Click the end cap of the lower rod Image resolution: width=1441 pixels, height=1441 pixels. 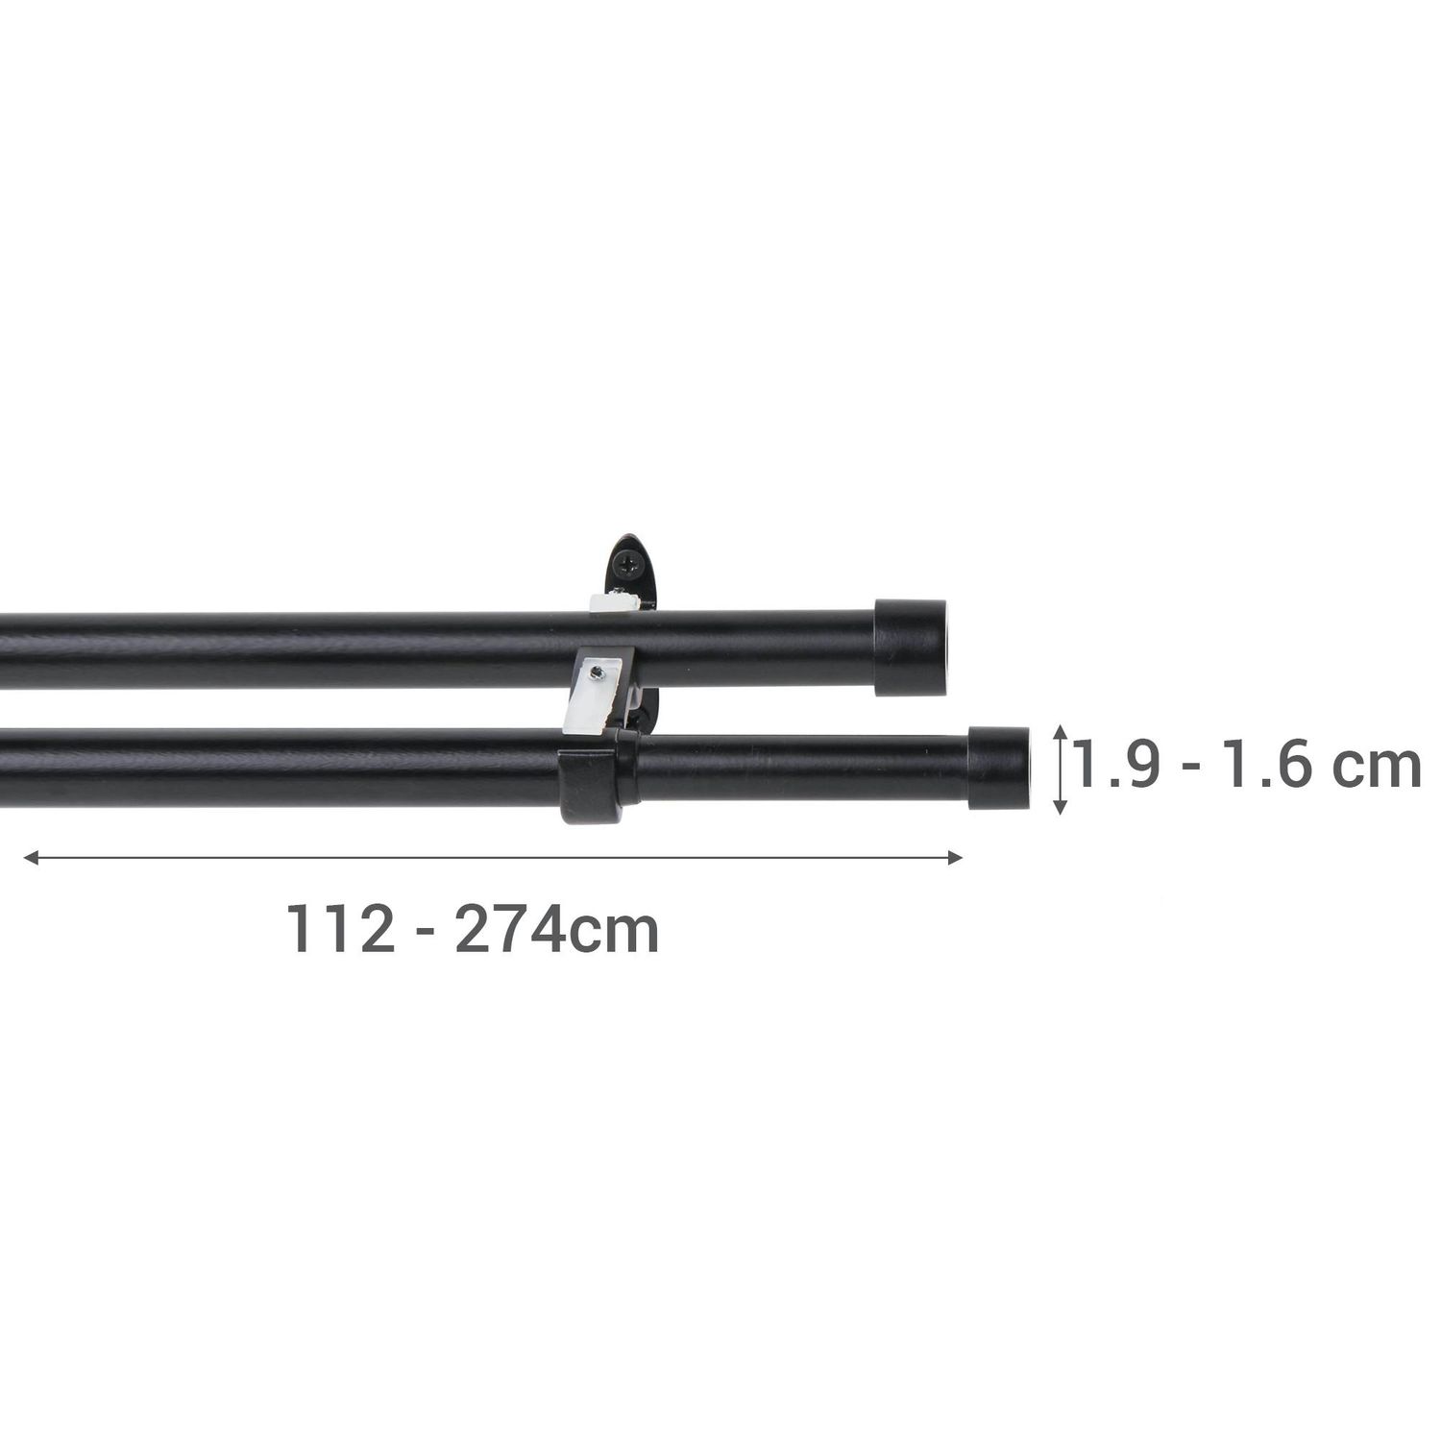point(997,769)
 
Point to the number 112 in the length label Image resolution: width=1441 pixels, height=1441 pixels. point(341,929)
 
